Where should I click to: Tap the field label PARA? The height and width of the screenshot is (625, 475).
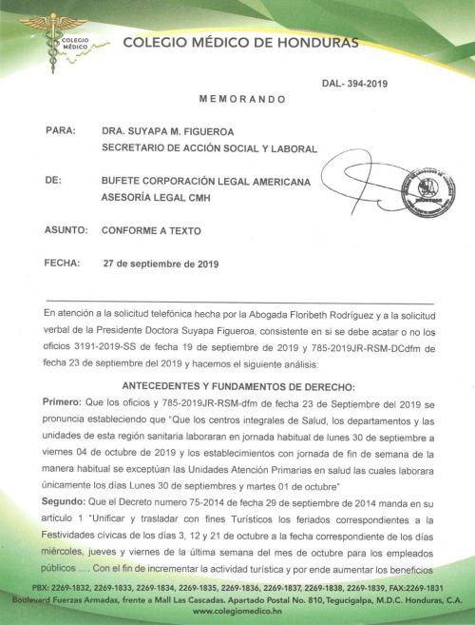60,131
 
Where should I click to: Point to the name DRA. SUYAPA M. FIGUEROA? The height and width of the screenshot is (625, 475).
169,132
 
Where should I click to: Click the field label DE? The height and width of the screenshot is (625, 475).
54,178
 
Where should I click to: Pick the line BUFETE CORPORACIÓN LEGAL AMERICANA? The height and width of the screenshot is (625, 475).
207,179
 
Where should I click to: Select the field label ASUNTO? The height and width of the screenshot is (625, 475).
66,231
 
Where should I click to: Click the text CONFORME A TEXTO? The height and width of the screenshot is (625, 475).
152,231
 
